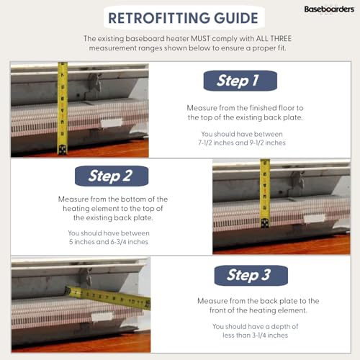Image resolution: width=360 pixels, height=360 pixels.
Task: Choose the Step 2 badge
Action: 111,175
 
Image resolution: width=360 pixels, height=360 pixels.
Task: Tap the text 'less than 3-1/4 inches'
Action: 250,336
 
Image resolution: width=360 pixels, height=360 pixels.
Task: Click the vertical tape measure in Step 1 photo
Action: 63,108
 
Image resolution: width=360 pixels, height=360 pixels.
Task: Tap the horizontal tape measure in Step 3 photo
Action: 108,296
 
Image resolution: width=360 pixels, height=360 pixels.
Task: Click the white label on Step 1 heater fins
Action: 112,123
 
